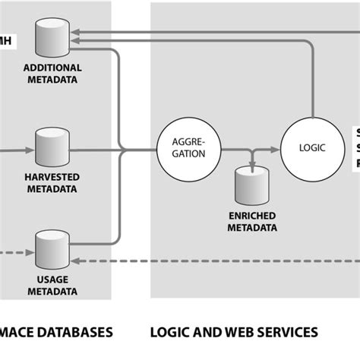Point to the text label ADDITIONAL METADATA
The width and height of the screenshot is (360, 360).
point(52,74)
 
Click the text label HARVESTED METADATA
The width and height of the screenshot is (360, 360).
point(52,182)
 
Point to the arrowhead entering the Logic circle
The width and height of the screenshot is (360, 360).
point(278,149)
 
